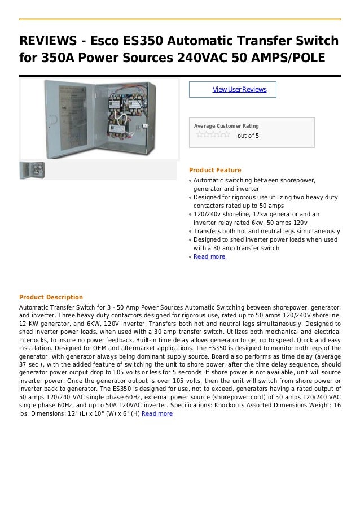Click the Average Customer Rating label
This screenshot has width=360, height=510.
(x=226, y=125)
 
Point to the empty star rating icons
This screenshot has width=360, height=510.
(x=213, y=135)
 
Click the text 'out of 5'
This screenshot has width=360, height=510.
(x=248, y=136)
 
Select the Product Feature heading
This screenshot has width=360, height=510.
(x=215, y=170)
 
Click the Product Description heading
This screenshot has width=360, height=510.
(x=51, y=297)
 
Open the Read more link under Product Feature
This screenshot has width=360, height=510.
(x=209, y=256)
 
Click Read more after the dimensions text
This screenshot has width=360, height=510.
(x=157, y=413)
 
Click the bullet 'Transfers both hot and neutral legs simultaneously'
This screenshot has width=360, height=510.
(x=266, y=231)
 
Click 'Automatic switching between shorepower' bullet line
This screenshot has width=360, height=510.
(x=254, y=180)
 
